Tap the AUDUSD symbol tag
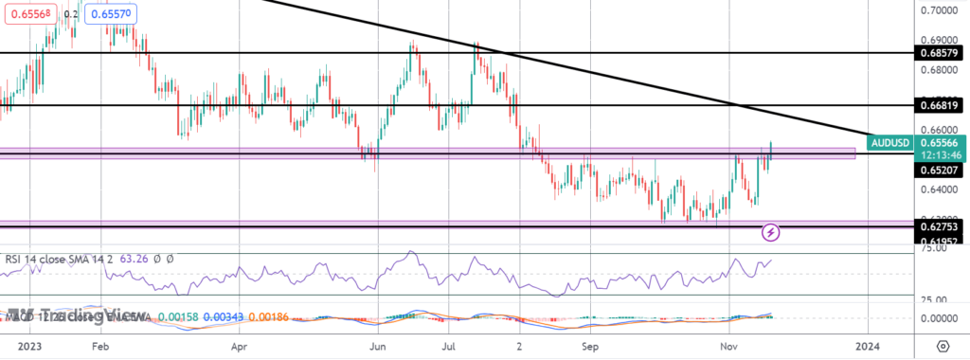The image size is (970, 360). coord(890,143)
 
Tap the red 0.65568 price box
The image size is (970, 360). coord(31,14)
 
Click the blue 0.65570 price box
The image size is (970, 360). coord(108,14)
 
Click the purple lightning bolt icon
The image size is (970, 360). coord(771,231)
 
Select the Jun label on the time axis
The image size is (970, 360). coord(379,347)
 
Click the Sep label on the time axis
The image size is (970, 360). coord(589,347)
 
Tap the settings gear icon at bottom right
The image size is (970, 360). coord(943,346)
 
